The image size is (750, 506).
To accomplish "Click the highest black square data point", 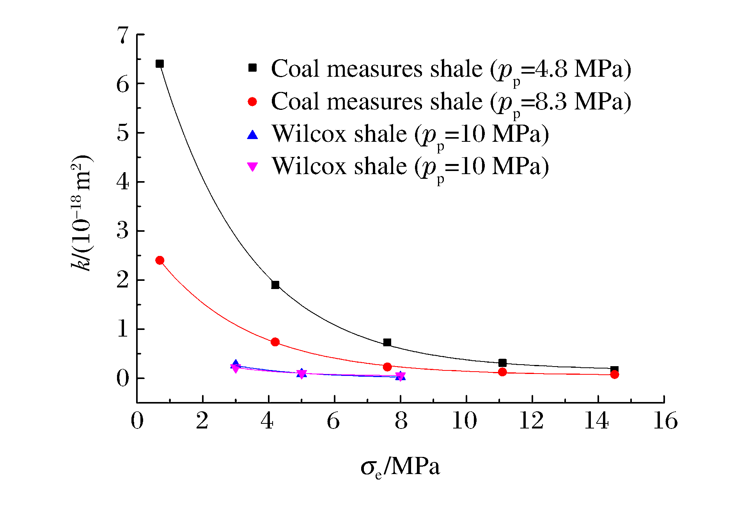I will coord(160,63).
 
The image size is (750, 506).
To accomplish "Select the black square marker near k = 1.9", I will coord(275,285).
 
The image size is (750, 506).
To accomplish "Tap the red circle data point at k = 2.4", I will coord(160,260).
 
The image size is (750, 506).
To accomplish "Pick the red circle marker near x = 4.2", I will coord(275,342).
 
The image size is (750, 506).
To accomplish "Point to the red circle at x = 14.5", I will coord(614,374).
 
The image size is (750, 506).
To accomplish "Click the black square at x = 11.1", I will coord(502,363).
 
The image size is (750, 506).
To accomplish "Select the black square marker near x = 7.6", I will coord(387,342).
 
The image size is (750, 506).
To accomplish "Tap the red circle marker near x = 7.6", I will coord(387,367).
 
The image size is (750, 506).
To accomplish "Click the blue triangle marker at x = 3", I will coord(236,364).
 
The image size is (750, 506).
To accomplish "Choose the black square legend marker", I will coord(253,68).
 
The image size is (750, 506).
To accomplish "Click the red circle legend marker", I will coord(253,102).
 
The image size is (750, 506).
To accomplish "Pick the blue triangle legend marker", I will coord(253,135).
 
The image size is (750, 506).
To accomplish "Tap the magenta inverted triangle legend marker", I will coord(253,167).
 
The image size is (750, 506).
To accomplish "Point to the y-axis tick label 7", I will coord(123,35).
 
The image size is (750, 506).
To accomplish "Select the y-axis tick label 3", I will coord(123,231).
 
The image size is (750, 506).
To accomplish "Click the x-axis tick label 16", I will coord(665,421).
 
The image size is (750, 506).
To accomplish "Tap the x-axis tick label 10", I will coord(464,421).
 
